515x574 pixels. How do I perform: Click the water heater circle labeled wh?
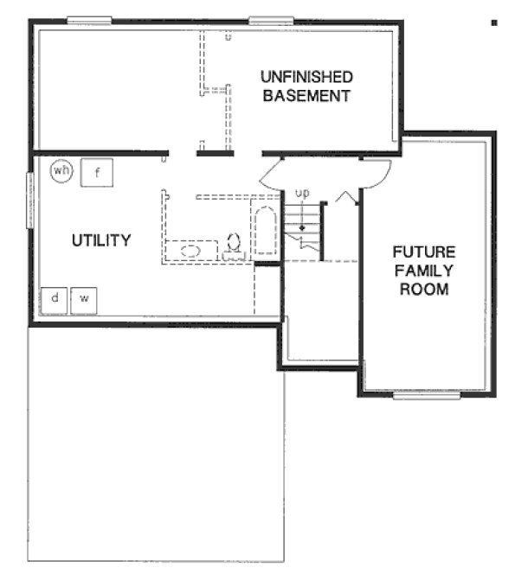click(x=61, y=170)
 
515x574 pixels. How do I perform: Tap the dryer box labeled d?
click(x=55, y=299)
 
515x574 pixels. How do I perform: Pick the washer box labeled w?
click(x=85, y=299)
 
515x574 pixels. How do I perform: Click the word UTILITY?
click(x=101, y=239)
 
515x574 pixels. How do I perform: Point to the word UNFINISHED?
click(x=306, y=77)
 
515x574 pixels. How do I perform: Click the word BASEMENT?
click(x=306, y=95)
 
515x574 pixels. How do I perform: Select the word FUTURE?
click(x=424, y=252)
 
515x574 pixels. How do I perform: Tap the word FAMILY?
click(x=424, y=271)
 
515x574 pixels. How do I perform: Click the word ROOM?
click(x=424, y=289)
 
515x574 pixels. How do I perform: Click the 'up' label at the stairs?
click(x=302, y=193)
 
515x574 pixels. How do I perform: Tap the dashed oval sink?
click(x=193, y=251)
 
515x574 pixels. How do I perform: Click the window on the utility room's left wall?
click(x=29, y=200)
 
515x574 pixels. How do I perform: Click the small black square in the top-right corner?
click(x=494, y=22)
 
